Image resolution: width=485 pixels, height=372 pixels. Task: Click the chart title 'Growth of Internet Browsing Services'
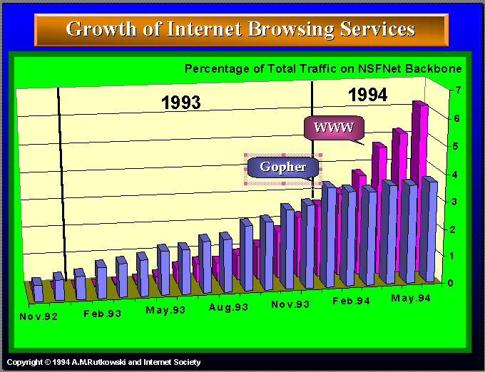(x=240, y=29)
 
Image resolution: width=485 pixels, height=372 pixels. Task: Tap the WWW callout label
(x=333, y=128)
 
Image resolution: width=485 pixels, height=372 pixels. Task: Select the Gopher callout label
(x=282, y=167)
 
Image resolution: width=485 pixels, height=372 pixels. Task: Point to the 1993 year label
(x=180, y=103)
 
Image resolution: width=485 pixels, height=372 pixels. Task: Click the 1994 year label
(x=367, y=95)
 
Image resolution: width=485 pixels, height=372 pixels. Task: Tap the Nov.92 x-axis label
(x=39, y=316)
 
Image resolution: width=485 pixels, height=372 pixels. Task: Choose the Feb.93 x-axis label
(x=103, y=314)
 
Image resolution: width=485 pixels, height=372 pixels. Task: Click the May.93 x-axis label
(x=165, y=310)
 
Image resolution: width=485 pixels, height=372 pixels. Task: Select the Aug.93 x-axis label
(x=228, y=307)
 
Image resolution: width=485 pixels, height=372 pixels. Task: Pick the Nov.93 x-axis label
(x=290, y=304)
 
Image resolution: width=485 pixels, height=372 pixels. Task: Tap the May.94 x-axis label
(x=411, y=298)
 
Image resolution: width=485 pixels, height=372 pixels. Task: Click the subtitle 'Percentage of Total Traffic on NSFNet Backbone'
(x=323, y=69)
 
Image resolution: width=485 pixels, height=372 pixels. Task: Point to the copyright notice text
(x=104, y=362)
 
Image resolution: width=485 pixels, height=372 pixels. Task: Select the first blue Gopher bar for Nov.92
(x=38, y=290)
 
